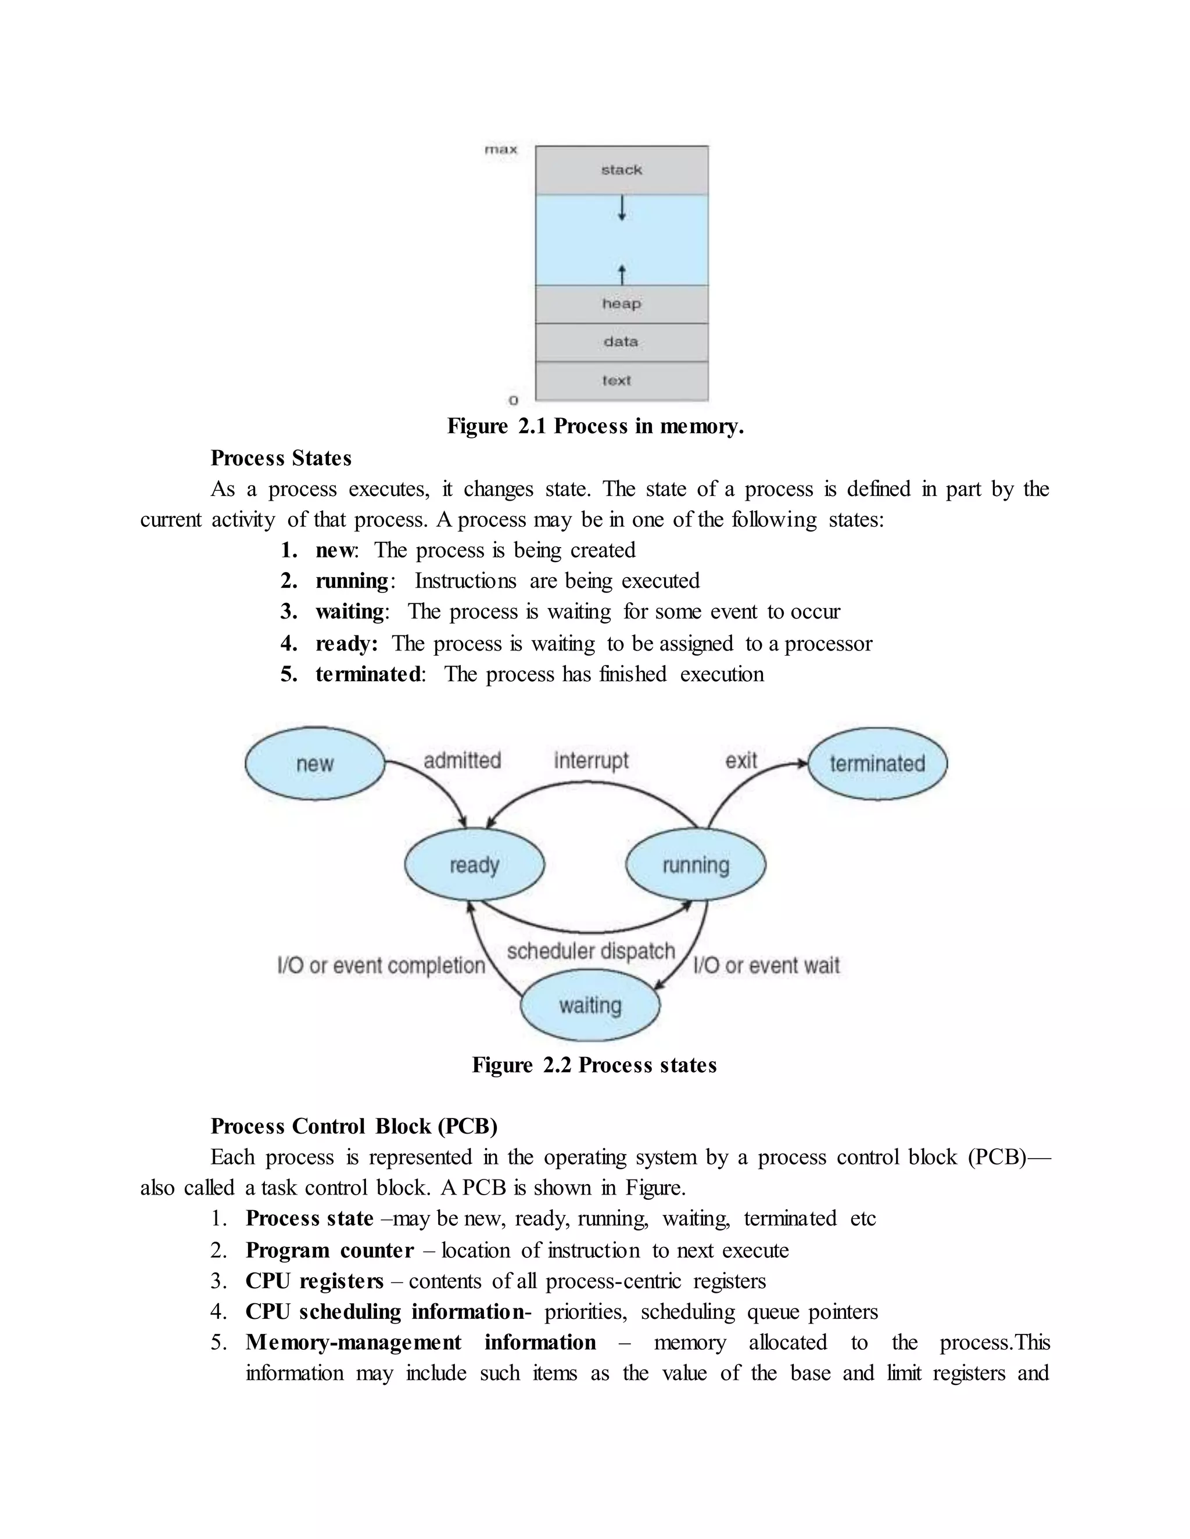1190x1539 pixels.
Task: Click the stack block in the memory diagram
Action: click(621, 170)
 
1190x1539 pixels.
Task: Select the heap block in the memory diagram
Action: click(621, 304)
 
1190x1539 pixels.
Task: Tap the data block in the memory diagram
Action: click(621, 341)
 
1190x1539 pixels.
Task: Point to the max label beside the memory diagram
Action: click(500, 149)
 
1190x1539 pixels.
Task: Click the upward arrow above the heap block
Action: click(621, 274)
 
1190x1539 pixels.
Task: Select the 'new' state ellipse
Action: click(314, 764)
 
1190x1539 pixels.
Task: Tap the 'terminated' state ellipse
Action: click(877, 764)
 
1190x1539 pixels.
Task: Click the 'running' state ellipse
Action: click(695, 865)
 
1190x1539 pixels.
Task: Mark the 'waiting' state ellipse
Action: click(590, 1005)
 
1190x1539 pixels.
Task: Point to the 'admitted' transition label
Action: click(462, 760)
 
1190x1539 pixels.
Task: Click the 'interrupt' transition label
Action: click(591, 760)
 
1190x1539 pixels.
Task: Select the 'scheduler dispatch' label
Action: click(591, 951)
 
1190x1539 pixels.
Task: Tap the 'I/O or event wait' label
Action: click(766, 965)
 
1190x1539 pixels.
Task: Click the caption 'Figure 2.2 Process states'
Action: click(594, 1065)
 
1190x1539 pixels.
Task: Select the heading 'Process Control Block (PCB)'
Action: click(354, 1126)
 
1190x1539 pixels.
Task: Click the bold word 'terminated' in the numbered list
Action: click(368, 674)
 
